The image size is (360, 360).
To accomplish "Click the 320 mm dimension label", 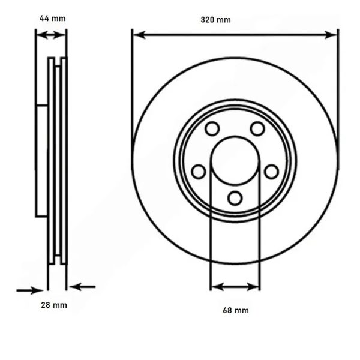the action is pyautogui.click(x=215, y=20).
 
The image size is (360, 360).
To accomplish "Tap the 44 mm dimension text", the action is pyautogui.click(x=53, y=19).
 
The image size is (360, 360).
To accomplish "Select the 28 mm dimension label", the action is pyautogui.click(x=54, y=305).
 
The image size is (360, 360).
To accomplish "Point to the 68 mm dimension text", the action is pyautogui.click(x=236, y=310).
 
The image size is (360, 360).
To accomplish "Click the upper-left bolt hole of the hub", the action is pyautogui.click(x=212, y=128).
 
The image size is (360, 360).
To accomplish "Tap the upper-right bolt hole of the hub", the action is pyautogui.click(x=257, y=128).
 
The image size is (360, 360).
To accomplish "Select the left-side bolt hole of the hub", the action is pyautogui.click(x=199, y=172).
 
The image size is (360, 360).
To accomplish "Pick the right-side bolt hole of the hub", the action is pyautogui.click(x=272, y=172).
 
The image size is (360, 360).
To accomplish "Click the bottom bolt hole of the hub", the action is pyautogui.click(x=235, y=198).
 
